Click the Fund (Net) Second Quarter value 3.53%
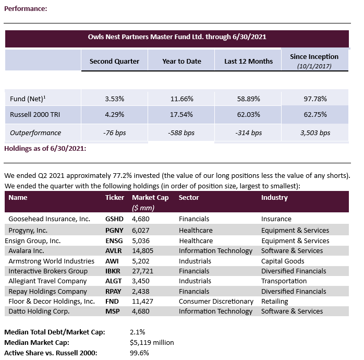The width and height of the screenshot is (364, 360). [114, 98]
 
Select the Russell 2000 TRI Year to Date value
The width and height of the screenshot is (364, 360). [181, 114]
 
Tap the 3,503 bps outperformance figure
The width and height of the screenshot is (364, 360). [315, 133]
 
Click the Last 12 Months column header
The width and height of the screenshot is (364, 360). [248, 61]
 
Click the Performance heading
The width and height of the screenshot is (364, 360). [26, 9]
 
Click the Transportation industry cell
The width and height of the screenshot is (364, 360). [284, 281]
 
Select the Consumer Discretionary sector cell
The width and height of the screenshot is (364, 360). [216, 301]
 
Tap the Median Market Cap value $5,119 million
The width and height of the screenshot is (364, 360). [152, 342]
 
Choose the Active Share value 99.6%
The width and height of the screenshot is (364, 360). [139, 353]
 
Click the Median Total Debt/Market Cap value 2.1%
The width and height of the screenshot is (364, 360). [138, 332]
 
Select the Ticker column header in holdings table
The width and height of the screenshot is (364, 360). [115, 198]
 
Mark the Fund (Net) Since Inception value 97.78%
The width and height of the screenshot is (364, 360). [314, 98]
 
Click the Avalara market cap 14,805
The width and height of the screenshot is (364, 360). [142, 250]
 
